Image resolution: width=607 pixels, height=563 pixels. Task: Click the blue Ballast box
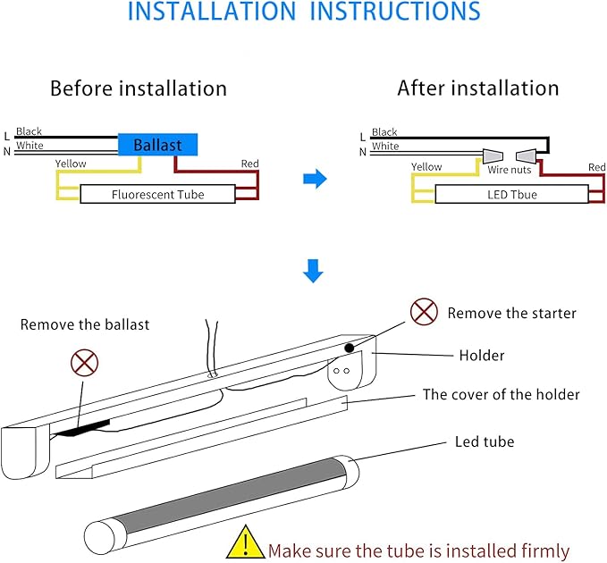(157, 145)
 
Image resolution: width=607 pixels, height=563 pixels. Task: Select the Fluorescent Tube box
(157, 194)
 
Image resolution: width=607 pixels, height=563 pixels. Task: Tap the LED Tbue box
(512, 194)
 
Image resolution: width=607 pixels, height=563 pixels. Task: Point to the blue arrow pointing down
(312, 271)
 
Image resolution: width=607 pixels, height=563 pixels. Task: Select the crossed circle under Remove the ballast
(84, 363)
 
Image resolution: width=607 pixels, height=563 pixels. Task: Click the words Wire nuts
(510, 170)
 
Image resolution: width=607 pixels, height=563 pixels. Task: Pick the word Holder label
(481, 356)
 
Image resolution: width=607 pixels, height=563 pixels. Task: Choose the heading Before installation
(139, 88)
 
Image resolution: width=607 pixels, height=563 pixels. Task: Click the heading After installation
(478, 88)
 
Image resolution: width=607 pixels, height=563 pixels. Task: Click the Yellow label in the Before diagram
(71, 164)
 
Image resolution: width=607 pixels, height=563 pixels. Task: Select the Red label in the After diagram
(596, 167)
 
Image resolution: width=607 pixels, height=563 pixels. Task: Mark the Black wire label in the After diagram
(384, 132)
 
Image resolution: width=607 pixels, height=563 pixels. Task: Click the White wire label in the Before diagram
(30, 146)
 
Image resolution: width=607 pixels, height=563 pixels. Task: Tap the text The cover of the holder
(501, 394)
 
